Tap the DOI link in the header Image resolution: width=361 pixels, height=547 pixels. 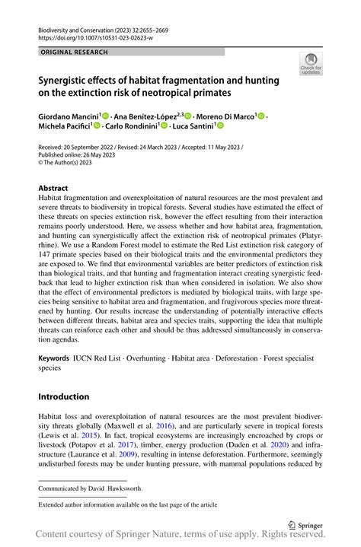pyautogui.click(x=88, y=37)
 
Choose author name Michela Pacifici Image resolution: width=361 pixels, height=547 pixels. pyautogui.click(x=64, y=126)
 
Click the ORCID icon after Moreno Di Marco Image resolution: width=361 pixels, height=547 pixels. pyautogui.click(x=260, y=116)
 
